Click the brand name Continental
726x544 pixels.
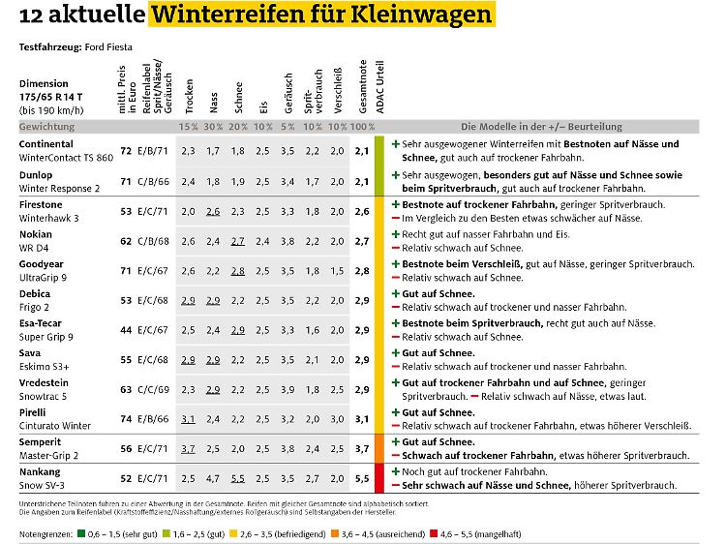(45, 144)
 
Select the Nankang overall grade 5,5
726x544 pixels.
(362, 479)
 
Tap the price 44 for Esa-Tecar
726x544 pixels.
(126, 330)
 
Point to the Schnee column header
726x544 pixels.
(238, 97)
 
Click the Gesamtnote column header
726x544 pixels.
(363, 86)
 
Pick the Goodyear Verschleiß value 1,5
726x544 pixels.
(337, 271)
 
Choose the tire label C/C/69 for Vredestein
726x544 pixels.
(153, 390)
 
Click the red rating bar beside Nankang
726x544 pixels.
(379, 478)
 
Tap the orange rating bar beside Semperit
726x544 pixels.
(379, 448)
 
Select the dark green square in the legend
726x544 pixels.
(81, 533)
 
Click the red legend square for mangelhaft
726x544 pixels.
(434, 533)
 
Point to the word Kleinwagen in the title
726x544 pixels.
(421, 15)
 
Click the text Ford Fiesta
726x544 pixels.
(108, 47)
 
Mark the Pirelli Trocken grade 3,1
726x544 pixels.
(188, 419)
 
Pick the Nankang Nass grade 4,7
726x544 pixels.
(213, 479)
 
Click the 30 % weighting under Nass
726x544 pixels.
(213, 127)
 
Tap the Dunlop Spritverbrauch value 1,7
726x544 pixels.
(312, 182)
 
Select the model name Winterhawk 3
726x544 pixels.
(49, 218)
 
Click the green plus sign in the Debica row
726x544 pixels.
(396, 293)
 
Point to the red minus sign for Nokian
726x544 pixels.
(396, 248)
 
